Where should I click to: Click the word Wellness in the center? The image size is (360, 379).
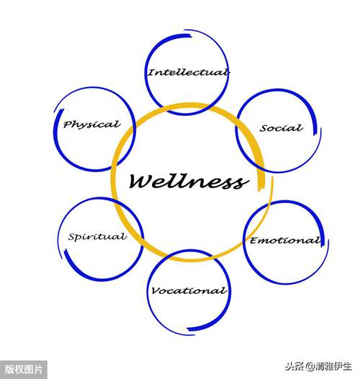189,182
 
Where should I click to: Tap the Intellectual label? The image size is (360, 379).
189,72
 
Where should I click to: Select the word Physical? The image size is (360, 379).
92,125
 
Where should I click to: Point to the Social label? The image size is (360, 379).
282,128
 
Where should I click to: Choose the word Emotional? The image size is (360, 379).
286,241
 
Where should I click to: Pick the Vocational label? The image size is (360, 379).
189,290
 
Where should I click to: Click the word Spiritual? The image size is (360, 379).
97,236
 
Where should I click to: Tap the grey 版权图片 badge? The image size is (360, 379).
24,370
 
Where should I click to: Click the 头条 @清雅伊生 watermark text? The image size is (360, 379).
318,367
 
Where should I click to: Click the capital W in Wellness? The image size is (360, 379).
140,181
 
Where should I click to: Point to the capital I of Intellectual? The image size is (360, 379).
152,72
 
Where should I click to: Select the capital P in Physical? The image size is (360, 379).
68,124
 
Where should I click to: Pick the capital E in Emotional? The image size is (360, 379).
254,241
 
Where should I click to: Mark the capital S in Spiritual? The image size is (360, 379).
72,236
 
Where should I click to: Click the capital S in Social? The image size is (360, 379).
264,128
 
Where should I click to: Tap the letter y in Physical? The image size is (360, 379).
84,126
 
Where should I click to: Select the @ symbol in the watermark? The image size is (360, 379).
311,367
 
